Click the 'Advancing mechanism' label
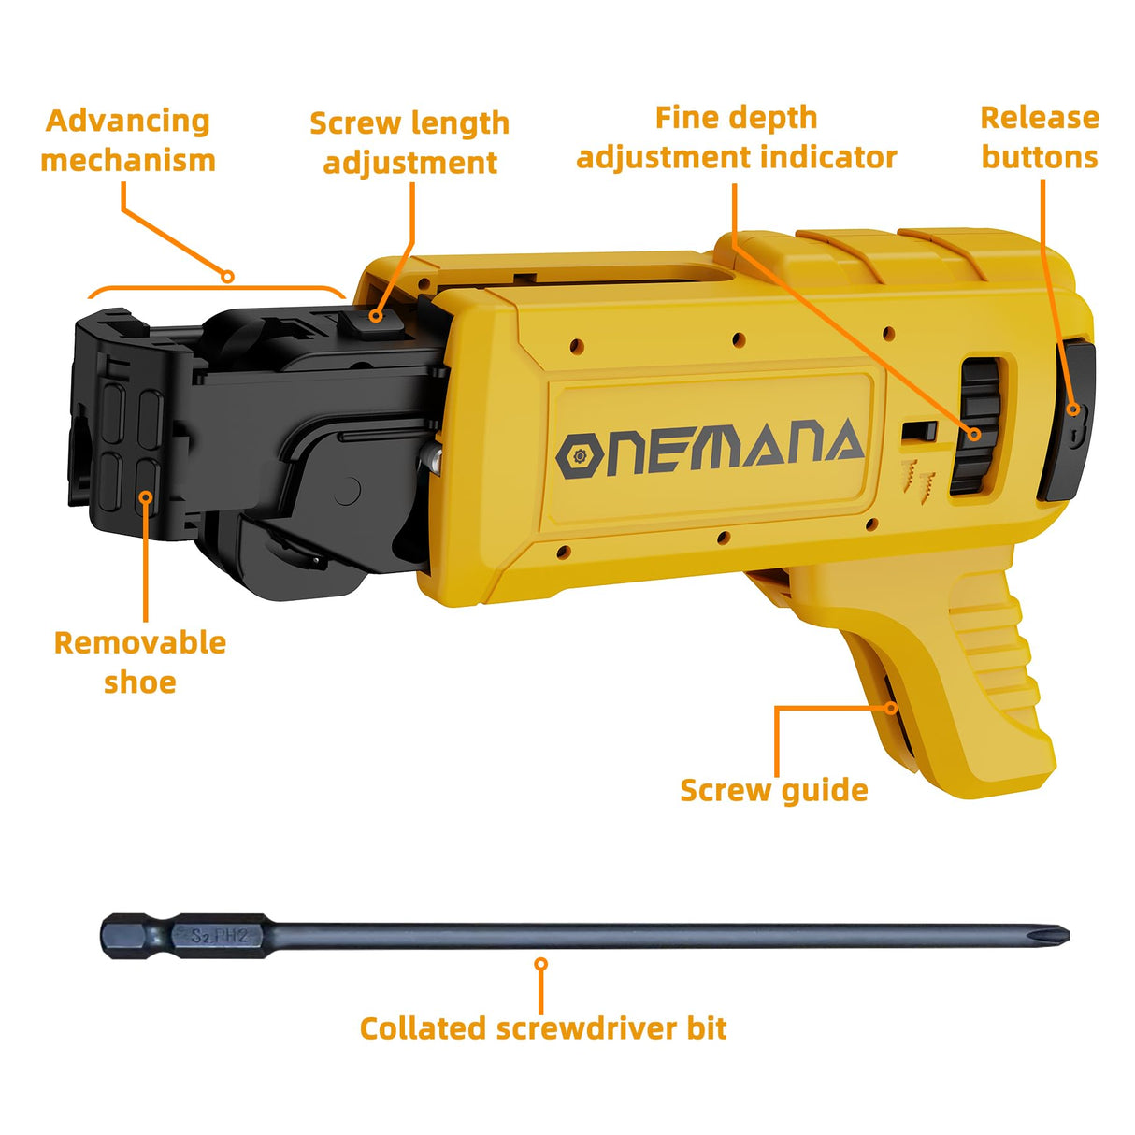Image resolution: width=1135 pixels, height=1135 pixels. pyautogui.click(x=128, y=140)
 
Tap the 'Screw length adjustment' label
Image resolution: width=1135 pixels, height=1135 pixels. pyautogui.click(x=409, y=142)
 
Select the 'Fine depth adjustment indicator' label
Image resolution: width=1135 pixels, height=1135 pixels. pyautogui.click(x=737, y=137)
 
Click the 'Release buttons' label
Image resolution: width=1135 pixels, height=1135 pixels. pyautogui.click(x=1040, y=137)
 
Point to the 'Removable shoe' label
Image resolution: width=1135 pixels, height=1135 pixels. pyautogui.click(x=140, y=662)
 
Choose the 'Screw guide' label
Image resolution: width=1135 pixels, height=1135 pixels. pyautogui.click(x=774, y=790)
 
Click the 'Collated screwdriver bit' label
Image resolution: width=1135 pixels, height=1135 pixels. pyautogui.click(x=543, y=1028)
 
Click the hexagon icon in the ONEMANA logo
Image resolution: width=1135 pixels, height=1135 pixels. pyautogui.click(x=579, y=456)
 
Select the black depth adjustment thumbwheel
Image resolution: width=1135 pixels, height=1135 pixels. pyautogui.click(x=978, y=425)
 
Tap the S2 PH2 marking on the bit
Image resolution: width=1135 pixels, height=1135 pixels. pyautogui.click(x=219, y=935)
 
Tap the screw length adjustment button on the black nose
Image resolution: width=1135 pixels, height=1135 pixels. pyautogui.click(x=371, y=322)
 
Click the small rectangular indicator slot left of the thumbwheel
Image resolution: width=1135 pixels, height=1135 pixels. pyautogui.click(x=919, y=432)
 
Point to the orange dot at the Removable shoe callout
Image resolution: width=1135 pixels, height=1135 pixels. pyautogui.click(x=146, y=496)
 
